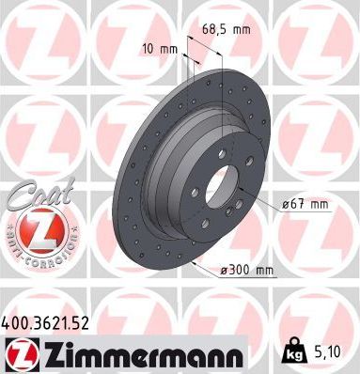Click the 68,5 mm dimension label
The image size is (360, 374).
[227, 31]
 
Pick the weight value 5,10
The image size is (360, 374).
[329, 354]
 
